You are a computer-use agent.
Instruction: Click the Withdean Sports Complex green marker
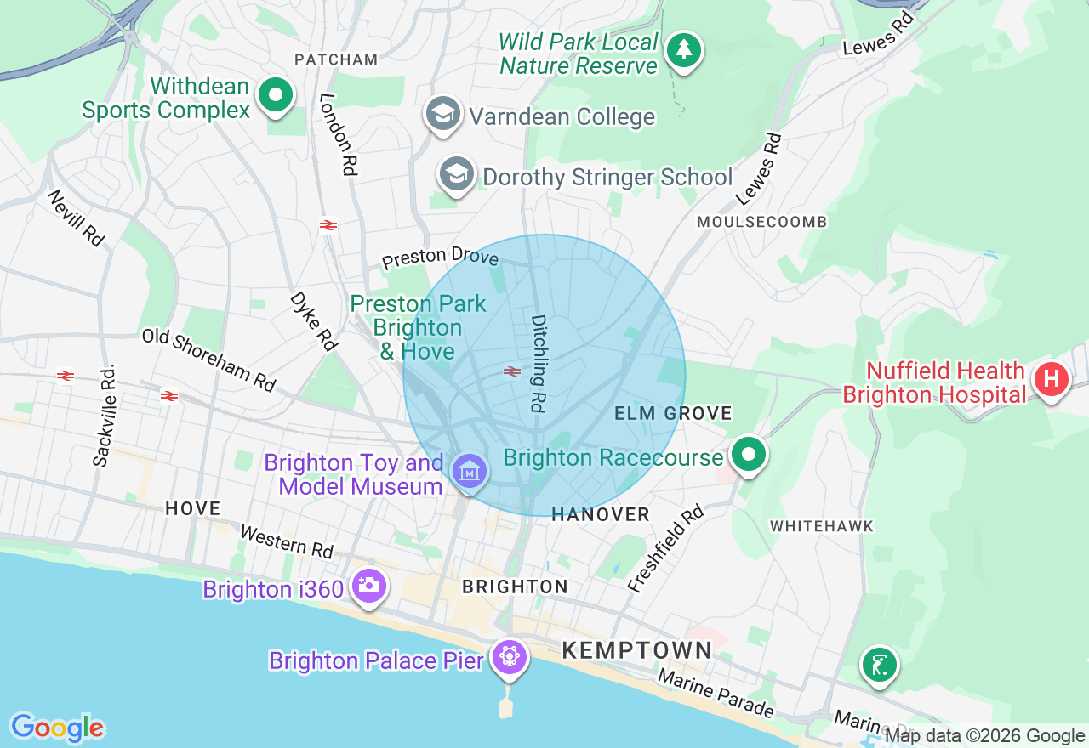(x=275, y=95)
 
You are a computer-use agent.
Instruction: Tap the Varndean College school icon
(x=442, y=114)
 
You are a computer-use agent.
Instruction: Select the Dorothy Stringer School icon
(x=457, y=174)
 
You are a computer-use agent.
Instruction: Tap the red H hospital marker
(x=1052, y=379)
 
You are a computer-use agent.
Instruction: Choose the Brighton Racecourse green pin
(x=749, y=455)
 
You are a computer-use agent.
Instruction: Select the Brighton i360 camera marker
(x=368, y=585)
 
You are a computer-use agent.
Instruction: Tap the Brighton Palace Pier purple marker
(x=509, y=657)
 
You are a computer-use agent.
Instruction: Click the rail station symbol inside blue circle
(x=511, y=371)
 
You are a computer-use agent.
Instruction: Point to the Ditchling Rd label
(x=538, y=364)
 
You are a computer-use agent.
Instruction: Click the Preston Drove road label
(x=439, y=256)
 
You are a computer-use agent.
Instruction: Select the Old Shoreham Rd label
(x=209, y=360)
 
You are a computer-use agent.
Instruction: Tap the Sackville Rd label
(x=104, y=416)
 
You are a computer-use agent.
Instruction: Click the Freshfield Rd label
(x=666, y=547)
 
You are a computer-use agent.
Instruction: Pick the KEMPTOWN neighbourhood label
(x=636, y=651)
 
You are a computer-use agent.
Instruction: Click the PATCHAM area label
(x=335, y=59)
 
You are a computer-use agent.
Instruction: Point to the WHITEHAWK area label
(x=821, y=526)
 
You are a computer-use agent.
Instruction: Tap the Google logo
(x=56, y=728)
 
